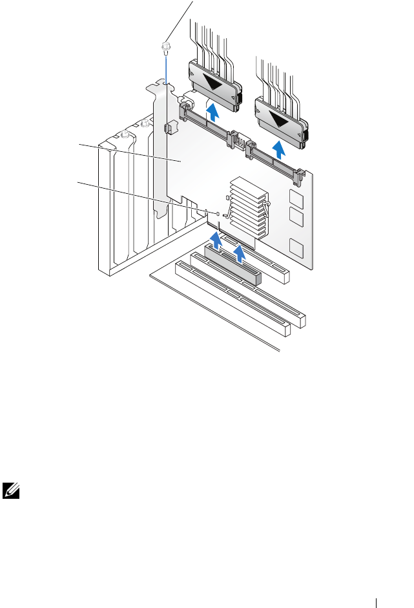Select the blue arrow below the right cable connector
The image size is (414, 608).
point(279,150)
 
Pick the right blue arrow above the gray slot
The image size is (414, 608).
point(240,251)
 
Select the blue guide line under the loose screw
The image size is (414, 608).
point(166,68)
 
